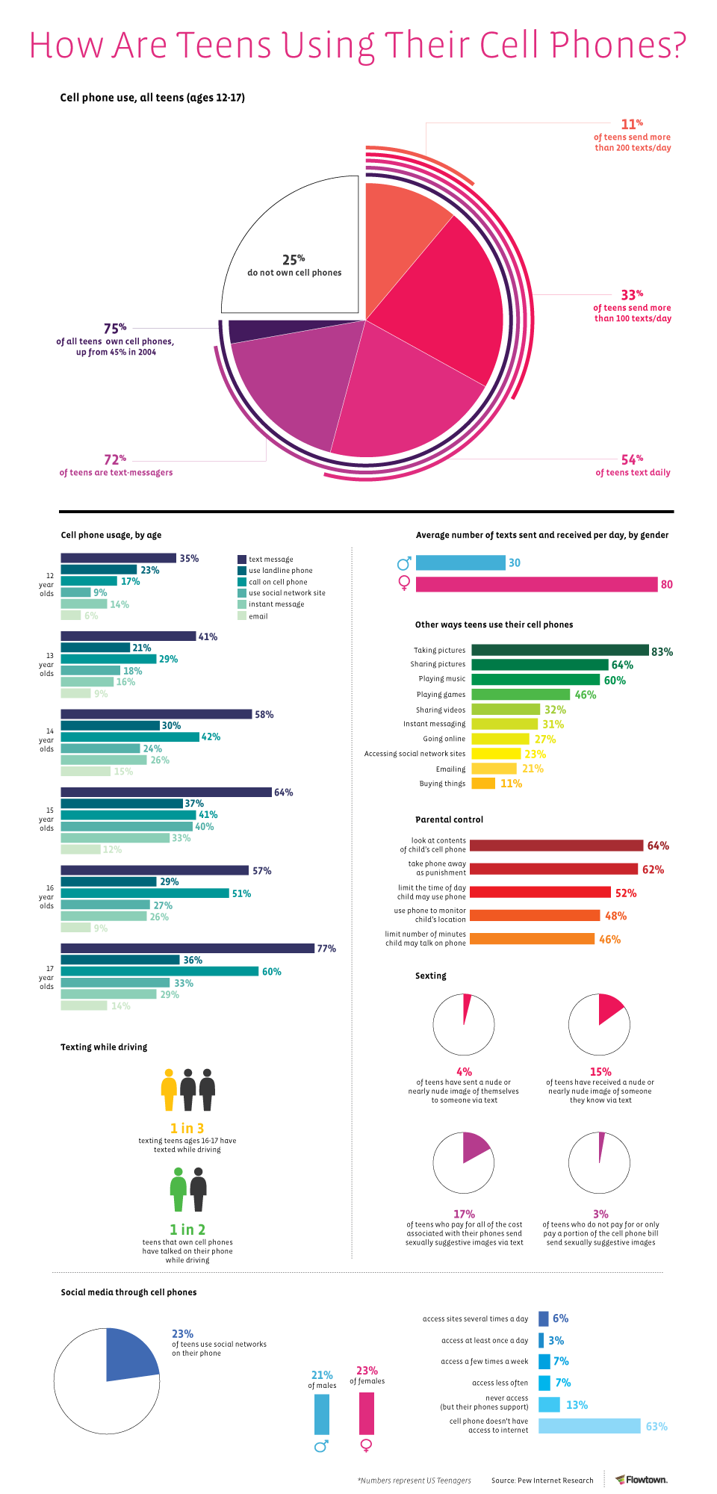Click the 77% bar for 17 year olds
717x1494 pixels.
point(187,948)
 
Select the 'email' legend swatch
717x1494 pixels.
point(242,616)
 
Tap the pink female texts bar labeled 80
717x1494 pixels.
point(536,584)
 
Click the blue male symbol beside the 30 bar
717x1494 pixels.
point(404,563)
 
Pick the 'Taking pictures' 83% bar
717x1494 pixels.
point(559,651)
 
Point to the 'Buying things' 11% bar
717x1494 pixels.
point(483,784)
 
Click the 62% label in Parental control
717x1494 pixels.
point(653,870)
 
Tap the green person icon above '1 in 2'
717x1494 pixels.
point(178,1189)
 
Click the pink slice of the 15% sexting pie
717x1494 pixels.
point(608,1008)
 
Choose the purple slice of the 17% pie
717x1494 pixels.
point(474,1147)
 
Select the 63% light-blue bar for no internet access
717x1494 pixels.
point(589,1426)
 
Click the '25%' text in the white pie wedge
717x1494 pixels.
point(294,260)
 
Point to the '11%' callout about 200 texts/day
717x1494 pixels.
point(632,124)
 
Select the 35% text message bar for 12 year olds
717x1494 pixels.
point(118,558)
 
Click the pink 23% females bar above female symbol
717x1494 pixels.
point(367,1413)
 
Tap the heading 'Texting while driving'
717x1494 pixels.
point(104,1047)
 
